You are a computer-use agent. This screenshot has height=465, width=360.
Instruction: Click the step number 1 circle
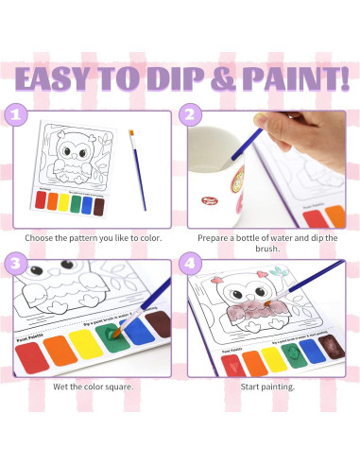pos(15,117)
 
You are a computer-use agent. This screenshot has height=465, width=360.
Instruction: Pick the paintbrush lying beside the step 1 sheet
pos(141,170)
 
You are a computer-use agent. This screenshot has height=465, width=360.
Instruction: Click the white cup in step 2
pos(226,161)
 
